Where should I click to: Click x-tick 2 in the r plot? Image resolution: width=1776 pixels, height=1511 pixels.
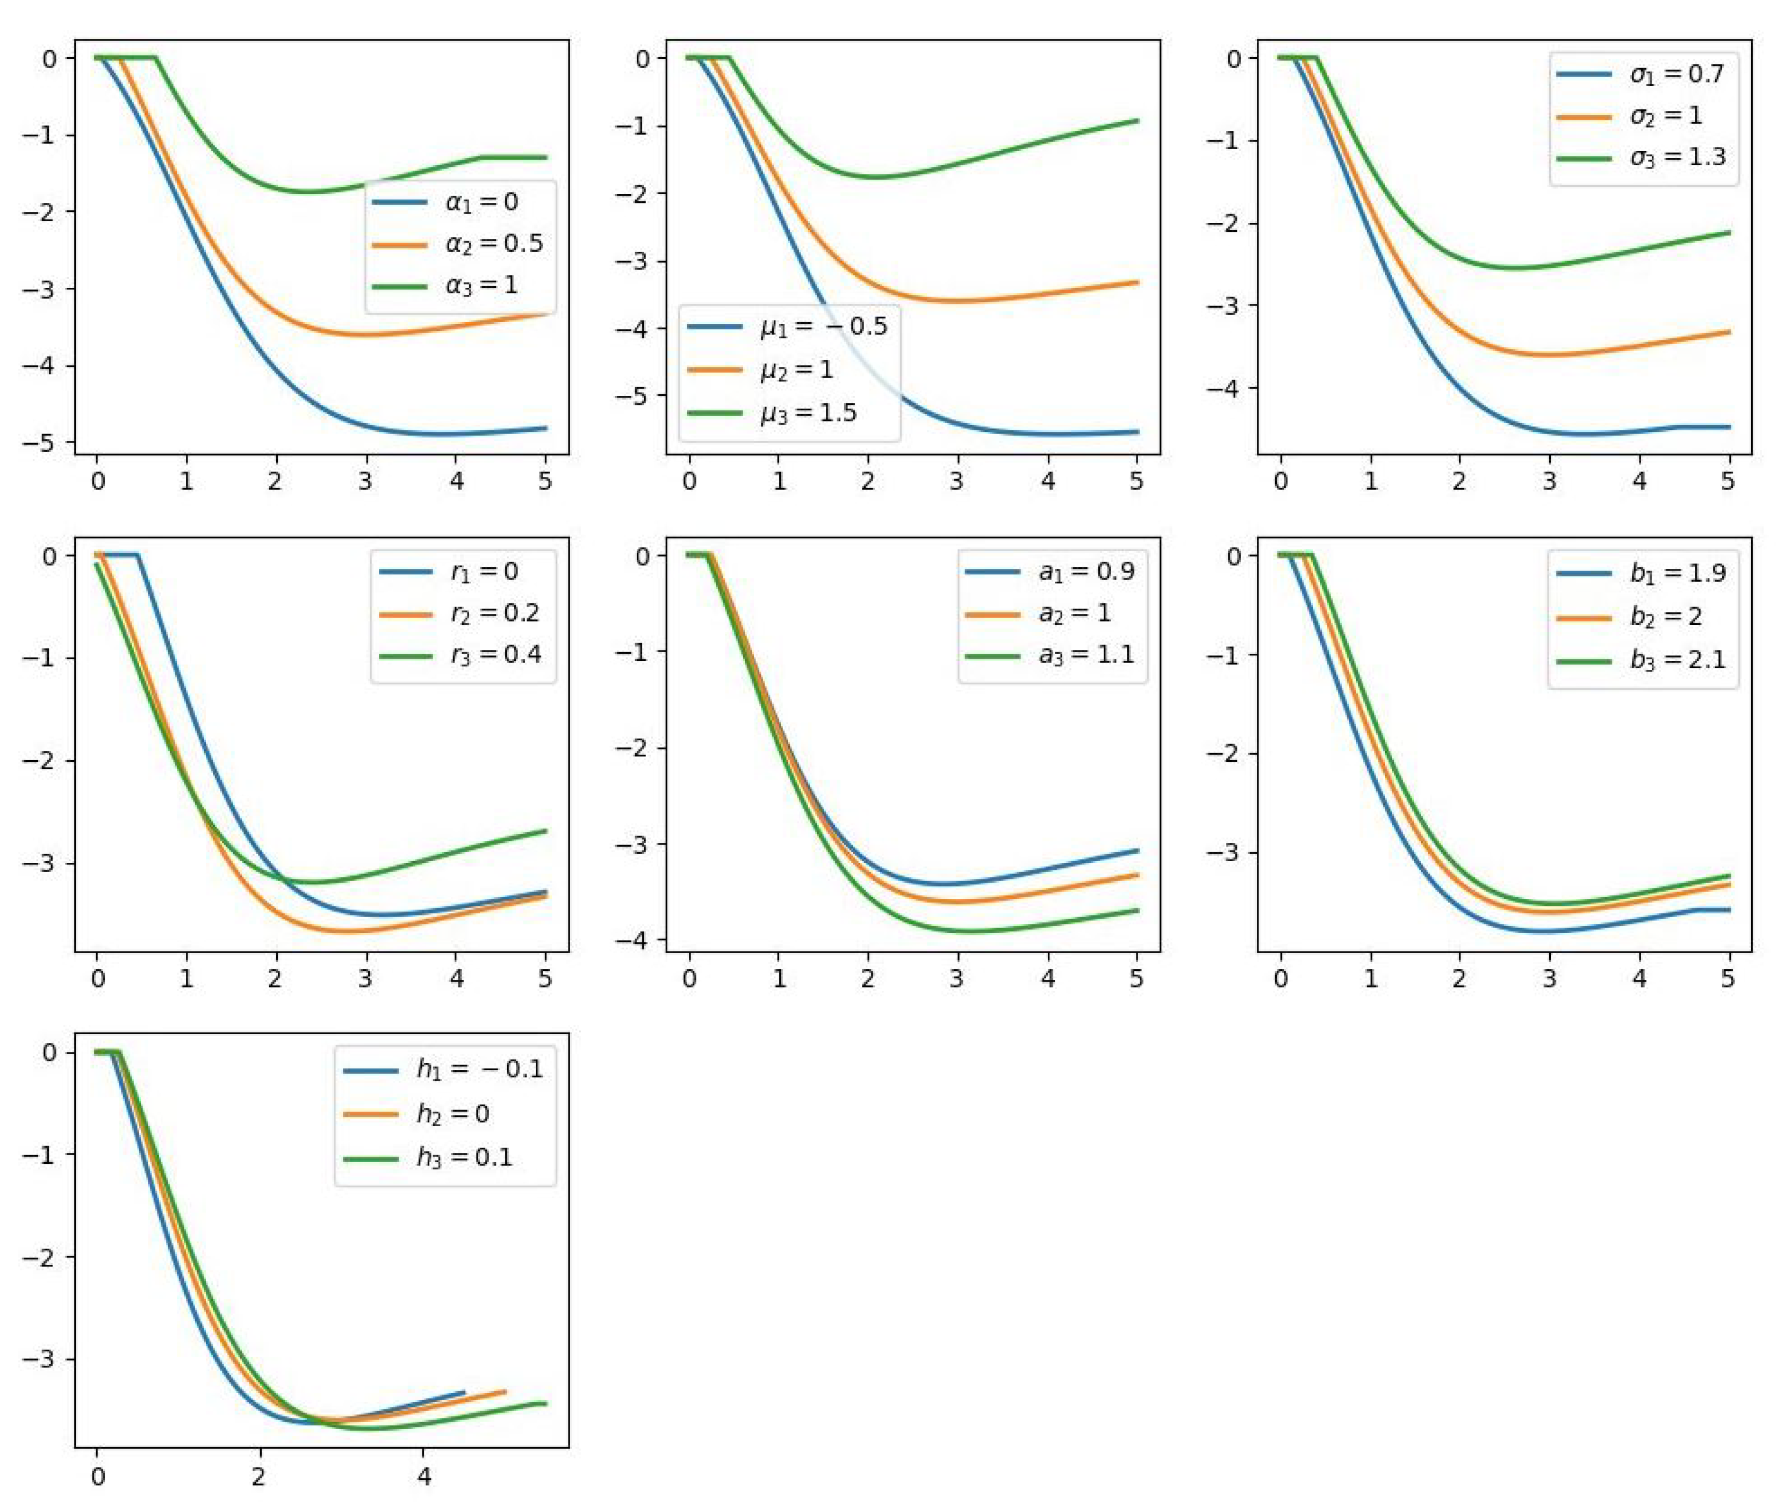[276, 979]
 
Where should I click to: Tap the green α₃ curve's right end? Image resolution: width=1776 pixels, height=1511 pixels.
[546, 157]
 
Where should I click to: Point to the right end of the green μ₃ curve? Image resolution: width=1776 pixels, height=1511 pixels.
[1137, 121]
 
